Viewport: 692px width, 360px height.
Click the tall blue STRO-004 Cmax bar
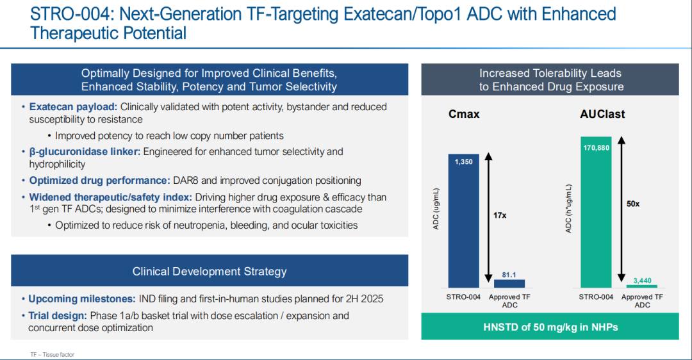464,224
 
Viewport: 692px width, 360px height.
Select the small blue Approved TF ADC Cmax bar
509,283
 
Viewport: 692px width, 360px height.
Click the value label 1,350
464,162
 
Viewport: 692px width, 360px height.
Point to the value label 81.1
509,274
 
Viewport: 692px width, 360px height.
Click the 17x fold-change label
500,215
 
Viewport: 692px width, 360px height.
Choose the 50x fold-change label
633,203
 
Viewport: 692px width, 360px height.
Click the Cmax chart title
464,115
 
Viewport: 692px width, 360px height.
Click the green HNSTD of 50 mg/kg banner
550,327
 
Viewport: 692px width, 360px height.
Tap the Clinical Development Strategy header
210,272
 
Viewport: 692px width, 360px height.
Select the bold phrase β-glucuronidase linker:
85,152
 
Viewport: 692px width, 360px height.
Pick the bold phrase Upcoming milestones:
81,299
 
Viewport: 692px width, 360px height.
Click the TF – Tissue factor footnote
52,354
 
